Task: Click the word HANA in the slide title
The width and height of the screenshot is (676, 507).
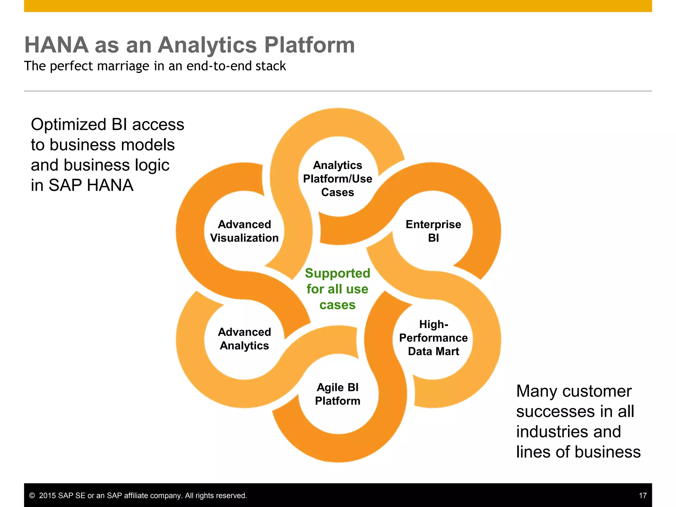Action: pos(56,45)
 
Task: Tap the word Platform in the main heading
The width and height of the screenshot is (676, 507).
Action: pos(309,45)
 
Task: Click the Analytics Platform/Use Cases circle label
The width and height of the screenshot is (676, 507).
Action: pos(337,179)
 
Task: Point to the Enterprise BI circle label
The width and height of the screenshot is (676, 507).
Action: pos(433,231)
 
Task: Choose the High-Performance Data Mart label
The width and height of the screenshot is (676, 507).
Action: pos(433,338)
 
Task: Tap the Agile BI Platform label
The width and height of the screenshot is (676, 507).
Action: pos(337,394)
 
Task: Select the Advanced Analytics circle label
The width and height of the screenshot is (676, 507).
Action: pos(244,339)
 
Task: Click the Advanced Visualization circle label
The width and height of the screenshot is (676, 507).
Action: pos(244,231)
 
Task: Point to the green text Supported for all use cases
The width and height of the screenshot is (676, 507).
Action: pos(337,289)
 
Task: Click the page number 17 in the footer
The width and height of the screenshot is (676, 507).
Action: pos(642,495)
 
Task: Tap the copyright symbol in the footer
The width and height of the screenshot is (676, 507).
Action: pos(32,495)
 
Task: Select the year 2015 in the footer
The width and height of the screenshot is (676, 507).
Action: pos(48,495)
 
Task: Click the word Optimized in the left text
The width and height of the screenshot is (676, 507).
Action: pos(68,125)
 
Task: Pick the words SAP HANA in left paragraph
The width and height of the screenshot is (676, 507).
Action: pos(91,185)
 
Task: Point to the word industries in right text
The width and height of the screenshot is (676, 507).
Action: pos(568,432)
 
